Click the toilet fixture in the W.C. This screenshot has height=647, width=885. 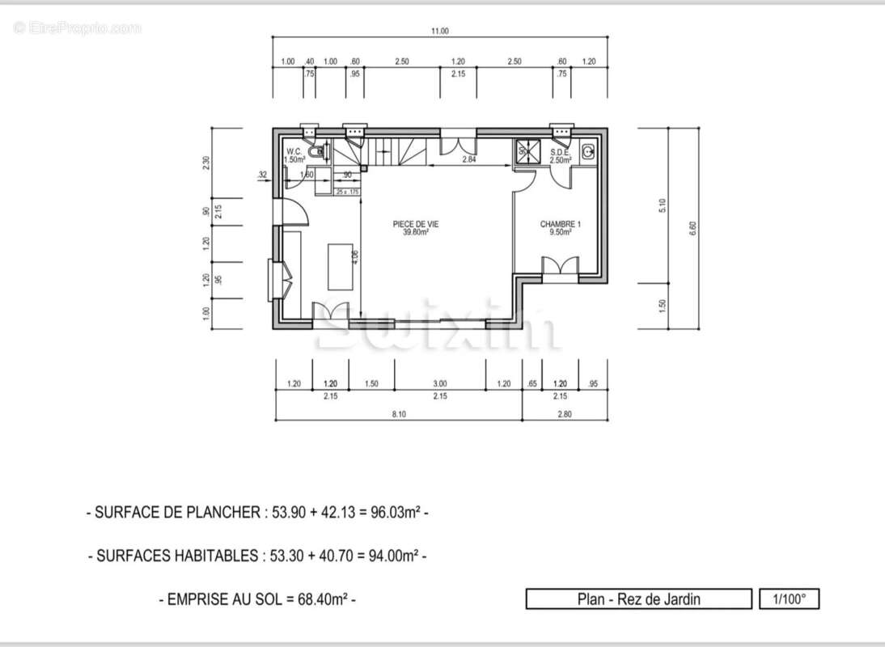tap(321, 151)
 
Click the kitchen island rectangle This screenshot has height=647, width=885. tap(340, 266)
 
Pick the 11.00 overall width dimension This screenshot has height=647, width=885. tap(438, 32)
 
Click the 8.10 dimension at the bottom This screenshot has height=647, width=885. tap(398, 413)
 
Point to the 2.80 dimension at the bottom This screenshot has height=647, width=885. tap(564, 413)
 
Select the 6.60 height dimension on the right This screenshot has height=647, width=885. tap(692, 228)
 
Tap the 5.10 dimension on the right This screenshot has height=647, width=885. tap(663, 205)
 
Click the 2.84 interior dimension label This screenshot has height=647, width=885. tap(468, 160)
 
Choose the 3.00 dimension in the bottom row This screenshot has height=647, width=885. tap(439, 384)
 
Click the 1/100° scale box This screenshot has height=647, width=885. tap(789, 599)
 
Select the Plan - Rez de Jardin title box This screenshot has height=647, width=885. tap(638, 599)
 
